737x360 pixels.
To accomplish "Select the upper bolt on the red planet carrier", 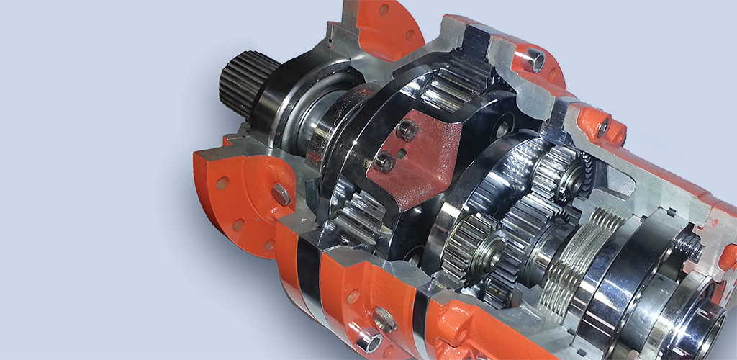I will pyautogui.click(x=406, y=130).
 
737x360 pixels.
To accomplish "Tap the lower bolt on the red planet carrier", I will pyautogui.click(x=384, y=162).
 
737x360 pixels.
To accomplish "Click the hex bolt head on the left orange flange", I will pyautogui.click(x=281, y=194).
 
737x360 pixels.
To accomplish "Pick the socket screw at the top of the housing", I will pyautogui.click(x=534, y=60).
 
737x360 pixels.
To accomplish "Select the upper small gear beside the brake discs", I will pyautogui.click(x=557, y=173).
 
